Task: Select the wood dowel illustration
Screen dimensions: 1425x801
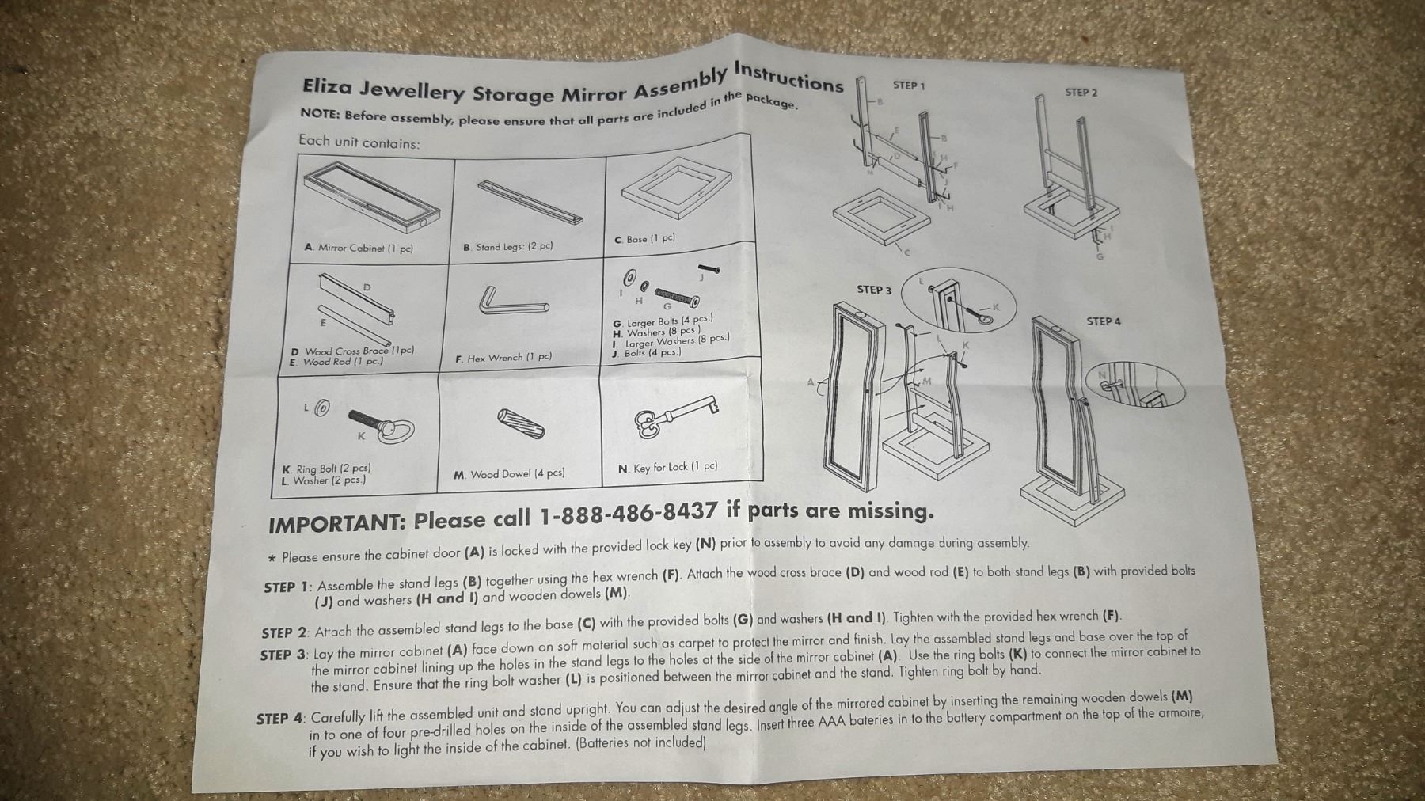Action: pos(520,423)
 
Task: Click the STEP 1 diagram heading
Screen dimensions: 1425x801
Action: pos(909,85)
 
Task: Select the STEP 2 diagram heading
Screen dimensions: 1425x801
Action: pos(1081,93)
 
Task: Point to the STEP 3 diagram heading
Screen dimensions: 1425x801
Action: pos(874,290)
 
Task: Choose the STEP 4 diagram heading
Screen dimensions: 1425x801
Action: pos(1104,321)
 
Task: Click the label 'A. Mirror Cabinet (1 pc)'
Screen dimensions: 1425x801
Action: pos(359,248)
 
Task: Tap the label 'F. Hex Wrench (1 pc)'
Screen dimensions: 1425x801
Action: pos(503,358)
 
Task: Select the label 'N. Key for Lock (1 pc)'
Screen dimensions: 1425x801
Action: pos(667,468)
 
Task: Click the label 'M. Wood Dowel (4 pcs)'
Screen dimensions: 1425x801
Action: pos(509,474)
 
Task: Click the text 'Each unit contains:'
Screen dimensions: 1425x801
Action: pos(359,142)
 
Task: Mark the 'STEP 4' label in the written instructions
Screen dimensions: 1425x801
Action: pos(280,719)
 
